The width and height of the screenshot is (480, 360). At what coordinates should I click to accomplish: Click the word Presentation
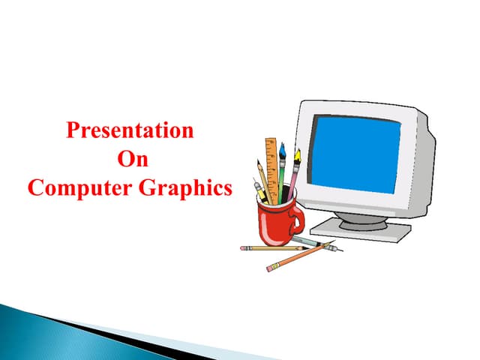[x=130, y=130]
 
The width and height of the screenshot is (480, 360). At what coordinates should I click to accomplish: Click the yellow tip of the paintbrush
[x=297, y=157]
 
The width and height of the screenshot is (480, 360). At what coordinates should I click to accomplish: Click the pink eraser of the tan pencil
[x=243, y=248]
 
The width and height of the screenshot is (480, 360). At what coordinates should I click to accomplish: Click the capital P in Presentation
[x=73, y=130]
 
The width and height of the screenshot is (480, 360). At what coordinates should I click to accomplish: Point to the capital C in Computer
[x=35, y=187]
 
